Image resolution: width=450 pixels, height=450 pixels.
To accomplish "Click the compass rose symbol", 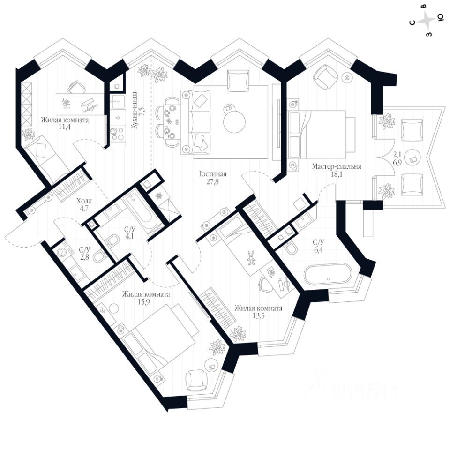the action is [x=427, y=20].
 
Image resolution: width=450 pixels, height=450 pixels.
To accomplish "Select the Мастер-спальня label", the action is [x=337, y=166].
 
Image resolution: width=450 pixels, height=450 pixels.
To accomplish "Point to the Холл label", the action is [x=84, y=202].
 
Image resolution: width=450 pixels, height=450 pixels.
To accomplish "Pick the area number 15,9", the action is [x=146, y=302].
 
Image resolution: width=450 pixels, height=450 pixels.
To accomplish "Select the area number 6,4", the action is [x=319, y=250].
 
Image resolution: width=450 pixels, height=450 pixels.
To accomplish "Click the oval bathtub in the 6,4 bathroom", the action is [x=327, y=274].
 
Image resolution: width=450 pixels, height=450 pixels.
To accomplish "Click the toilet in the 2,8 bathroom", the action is [x=99, y=257].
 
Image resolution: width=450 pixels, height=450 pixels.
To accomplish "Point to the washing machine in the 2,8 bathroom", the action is [x=62, y=253].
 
